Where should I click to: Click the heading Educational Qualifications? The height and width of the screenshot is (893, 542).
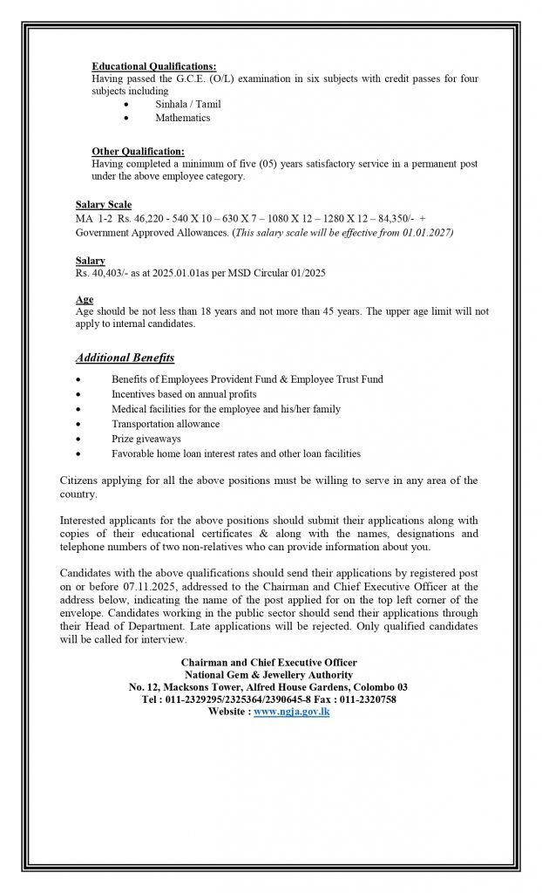coord(153,66)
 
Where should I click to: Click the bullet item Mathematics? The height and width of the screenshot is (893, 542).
coord(182,118)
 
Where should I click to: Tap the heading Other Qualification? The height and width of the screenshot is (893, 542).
coord(138,151)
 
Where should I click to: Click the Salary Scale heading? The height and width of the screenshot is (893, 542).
coord(104,205)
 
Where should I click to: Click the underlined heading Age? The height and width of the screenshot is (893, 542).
coord(84,300)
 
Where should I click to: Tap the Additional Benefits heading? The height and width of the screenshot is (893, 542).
coord(125,358)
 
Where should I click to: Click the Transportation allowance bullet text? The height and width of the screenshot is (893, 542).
coord(165,424)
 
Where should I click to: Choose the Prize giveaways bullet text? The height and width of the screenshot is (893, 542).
coord(146,439)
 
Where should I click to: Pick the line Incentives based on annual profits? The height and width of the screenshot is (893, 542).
coord(184,394)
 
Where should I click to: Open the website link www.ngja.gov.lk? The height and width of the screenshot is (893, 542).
coord(292,712)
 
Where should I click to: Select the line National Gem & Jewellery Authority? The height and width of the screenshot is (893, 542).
coord(268,675)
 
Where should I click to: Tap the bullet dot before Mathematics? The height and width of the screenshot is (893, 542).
coord(127,118)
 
